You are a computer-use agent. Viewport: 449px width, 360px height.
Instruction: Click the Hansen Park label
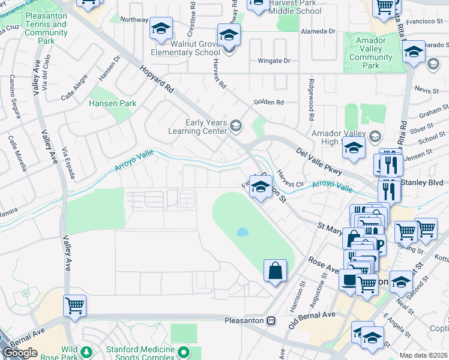(x=112, y=103)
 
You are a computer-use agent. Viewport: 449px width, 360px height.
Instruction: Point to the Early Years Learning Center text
(x=206, y=127)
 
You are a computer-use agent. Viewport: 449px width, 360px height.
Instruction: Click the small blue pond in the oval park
(x=242, y=232)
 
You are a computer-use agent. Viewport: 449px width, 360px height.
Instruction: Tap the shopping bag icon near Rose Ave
(x=275, y=269)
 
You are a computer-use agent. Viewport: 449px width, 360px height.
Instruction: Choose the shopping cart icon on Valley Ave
(x=74, y=305)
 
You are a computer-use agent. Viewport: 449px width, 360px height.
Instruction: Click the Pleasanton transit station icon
(x=271, y=320)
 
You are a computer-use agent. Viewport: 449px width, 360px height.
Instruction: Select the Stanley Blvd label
(x=424, y=182)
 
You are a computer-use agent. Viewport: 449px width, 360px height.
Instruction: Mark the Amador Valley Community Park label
(x=370, y=58)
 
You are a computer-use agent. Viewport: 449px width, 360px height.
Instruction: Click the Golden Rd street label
(x=268, y=102)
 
